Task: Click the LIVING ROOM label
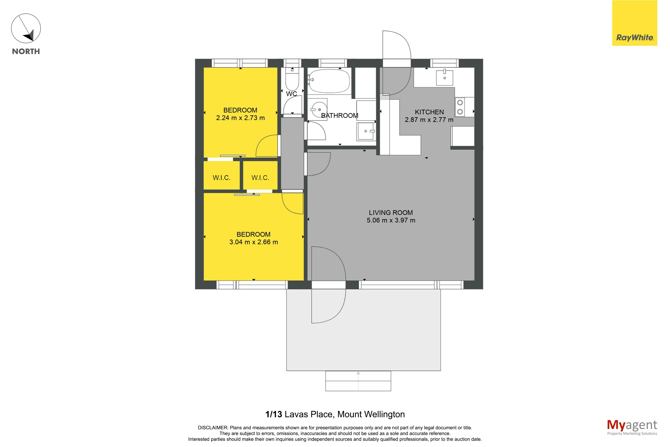coord(391,213)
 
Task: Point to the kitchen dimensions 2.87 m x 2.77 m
coord(429,120)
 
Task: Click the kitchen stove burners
coord(460,107)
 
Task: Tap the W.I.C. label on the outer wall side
coord(221,178)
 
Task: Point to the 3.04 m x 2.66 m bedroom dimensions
coord(254,242)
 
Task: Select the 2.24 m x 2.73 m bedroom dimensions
coord(240,118)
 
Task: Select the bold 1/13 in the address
coord(274,414)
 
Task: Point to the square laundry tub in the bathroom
coord(366,131)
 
